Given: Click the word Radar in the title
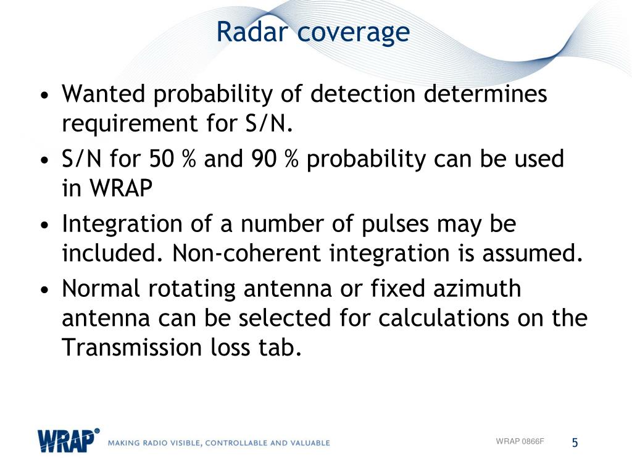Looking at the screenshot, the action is (252, 31).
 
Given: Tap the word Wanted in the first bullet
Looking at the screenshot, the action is (103, 94).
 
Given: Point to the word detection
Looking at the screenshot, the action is (363, 94).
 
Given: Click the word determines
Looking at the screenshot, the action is (485, 94).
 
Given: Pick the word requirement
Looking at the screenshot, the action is (130, 123).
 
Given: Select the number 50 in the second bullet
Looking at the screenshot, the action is (162, 159).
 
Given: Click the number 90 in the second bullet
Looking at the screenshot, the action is (264, 159).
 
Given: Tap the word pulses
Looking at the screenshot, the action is (395, 225).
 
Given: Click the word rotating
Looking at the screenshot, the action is (192, 289).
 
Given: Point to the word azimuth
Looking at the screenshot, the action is (477, 289).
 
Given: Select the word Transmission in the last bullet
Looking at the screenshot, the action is (132, 347).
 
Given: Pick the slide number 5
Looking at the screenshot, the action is (575, 443).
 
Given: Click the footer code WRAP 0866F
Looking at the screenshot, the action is (520, 441).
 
